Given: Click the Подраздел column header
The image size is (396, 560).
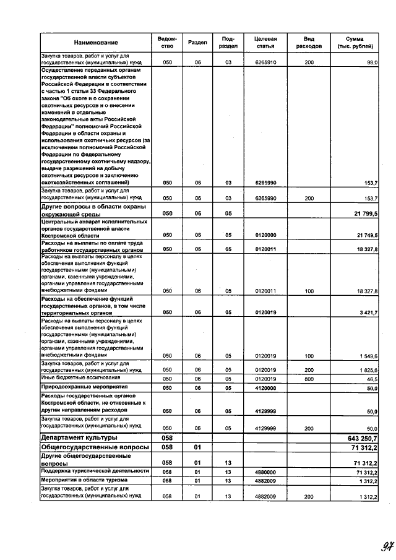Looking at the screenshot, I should tap(228, 42).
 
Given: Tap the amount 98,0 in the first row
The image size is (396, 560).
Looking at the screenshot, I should tap(372, 63).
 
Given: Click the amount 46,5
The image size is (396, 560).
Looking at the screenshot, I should tap(372, 378).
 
